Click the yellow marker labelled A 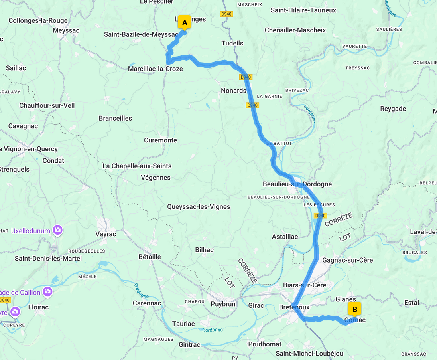184,23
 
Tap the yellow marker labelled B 354,309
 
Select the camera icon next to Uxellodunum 58,230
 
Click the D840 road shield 4,300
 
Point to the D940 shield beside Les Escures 320,216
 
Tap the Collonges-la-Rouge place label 38,20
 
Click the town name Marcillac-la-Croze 155,69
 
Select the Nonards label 234,91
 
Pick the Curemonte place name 160,140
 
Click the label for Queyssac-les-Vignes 199,206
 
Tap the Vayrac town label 106,234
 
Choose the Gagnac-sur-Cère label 347,260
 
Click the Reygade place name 393,109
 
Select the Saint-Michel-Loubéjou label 309,353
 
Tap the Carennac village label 147,303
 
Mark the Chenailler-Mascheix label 295,30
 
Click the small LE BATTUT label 279,143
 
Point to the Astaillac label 285,237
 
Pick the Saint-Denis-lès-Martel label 48,258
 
